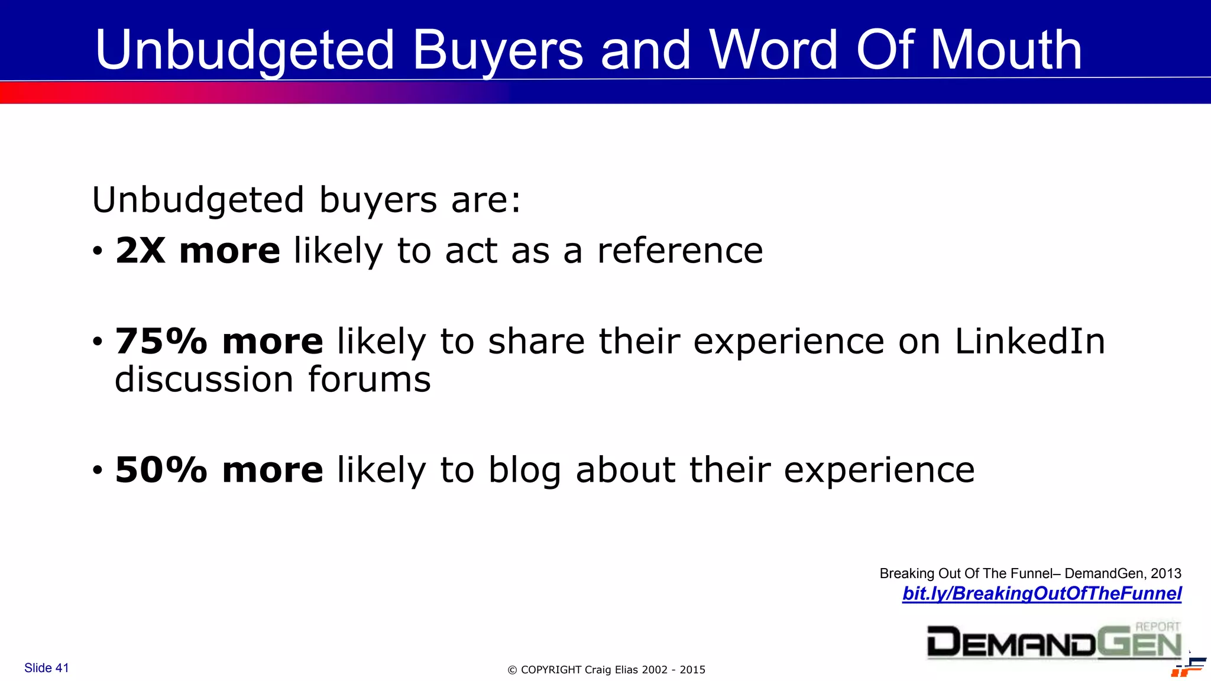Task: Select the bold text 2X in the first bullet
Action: (140, 251)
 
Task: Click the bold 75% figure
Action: (161, 342)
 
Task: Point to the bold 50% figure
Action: (161, 470)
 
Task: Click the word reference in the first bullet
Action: (680, 251)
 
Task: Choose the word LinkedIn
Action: (1029, 342)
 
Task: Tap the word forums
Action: (370, 380)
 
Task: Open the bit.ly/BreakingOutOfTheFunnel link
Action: (1041, 594)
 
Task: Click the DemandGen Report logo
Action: (1054, 641)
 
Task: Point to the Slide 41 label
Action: (47, 668)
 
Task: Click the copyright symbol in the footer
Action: (513, 670)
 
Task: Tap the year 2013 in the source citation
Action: (1165, 573)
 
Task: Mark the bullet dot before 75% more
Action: (98, 342)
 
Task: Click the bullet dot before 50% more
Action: (98, 471)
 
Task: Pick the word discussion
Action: (204, 380)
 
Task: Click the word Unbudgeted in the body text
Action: (197, 200)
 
